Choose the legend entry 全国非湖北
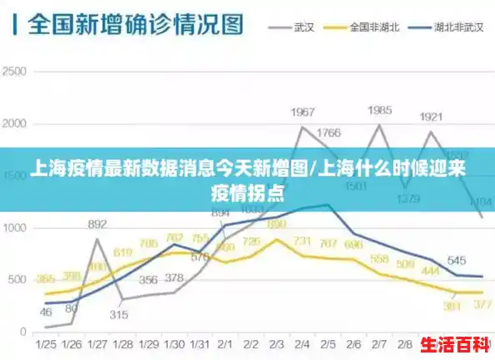pyautogui.click(x=375, y=27)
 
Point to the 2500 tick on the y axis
pyautogui.click(x=15, y=72)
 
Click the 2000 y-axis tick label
pyautogui.click(x=15, y=124)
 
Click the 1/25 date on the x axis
pyautogui.click(x=46, y=344)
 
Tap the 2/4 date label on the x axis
pyautogui.click(x=302, y=344)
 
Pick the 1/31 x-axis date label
pyautogui.click(x=200, y=344)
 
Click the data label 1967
pyautogui.click(x=302, y=112)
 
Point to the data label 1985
pyautogui.click(x=380, y=110)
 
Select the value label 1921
pyautogui.click(x=431, y=117)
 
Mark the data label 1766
pyautogui.click(x=328, y=132)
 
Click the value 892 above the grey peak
pyautogui.click(x=97, y=224)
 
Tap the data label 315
pyautogui.click(x=118, y=314)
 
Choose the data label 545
pyautogui.click(x=456, y=260)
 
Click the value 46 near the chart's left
pyautogui.click(x=46, y=312)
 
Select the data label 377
pyautogui.click(x=482, y=306)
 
